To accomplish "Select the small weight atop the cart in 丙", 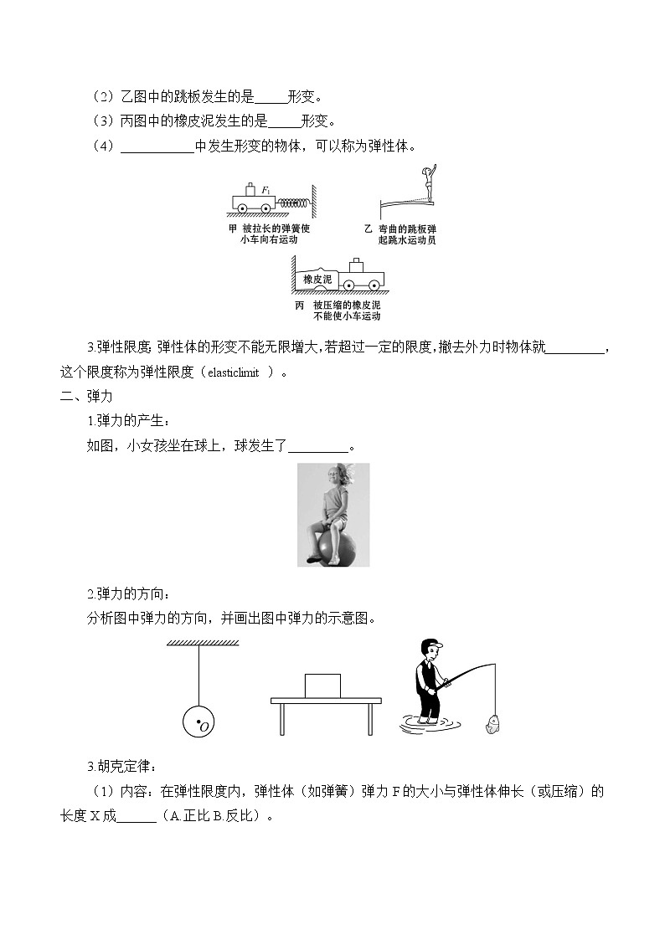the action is (x=358, y=265).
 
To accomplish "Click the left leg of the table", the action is (x=282, y=718).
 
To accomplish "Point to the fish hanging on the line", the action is (x=491, y=722).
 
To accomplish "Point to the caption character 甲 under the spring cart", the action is (x=233, y=228).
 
